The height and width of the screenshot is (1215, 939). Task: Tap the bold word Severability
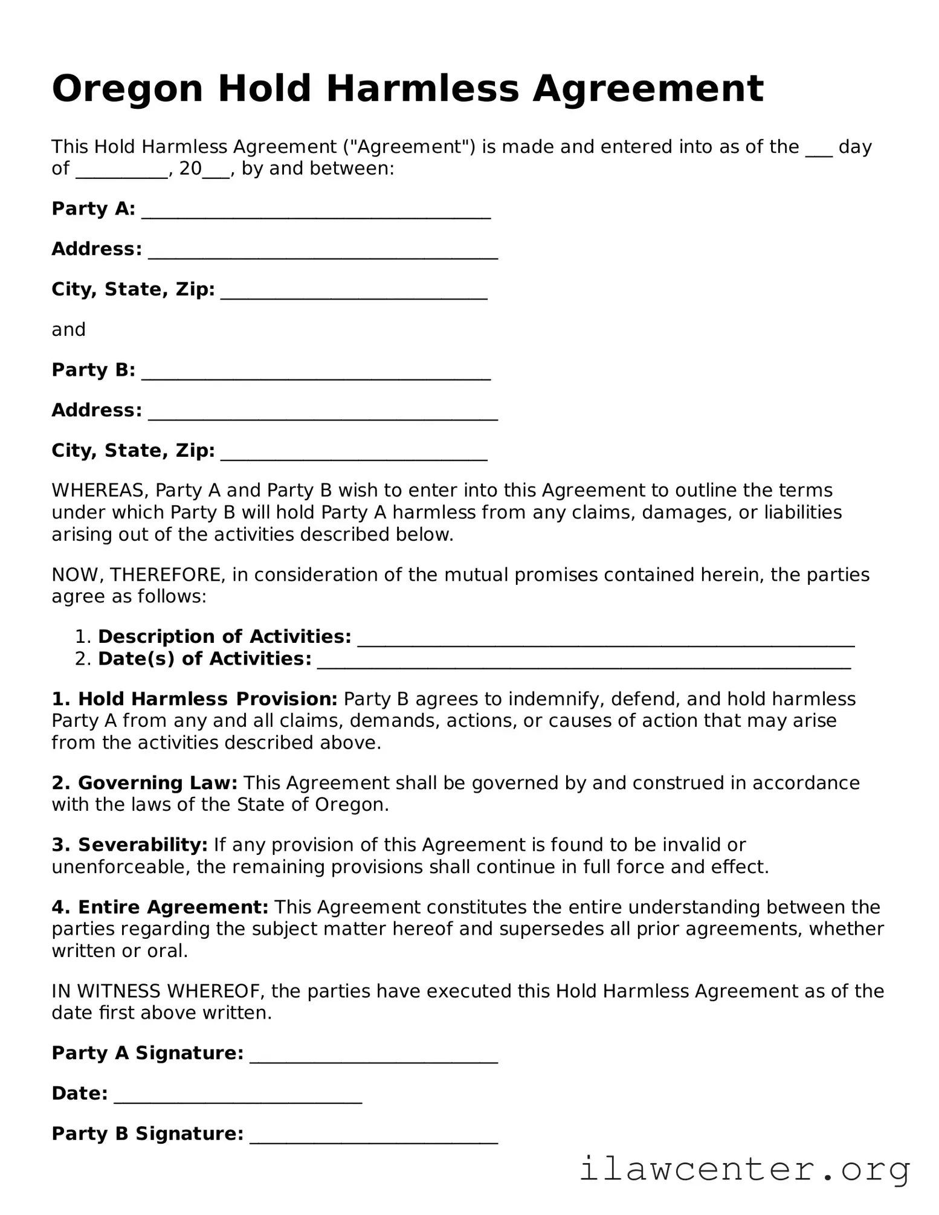[x=143, y=845]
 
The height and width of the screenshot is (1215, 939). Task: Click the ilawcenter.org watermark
[x=744, y=1169]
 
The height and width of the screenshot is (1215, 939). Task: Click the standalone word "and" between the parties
[x=68, y=330]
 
